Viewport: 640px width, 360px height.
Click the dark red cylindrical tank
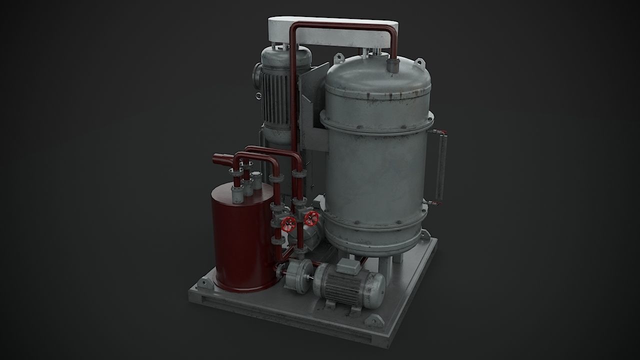240,240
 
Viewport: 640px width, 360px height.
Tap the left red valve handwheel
287,224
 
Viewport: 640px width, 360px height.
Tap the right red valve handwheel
311,218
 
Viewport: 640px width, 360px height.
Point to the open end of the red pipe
216,160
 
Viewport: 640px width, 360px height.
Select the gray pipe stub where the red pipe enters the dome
392,65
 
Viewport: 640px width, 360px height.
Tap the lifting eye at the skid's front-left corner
203,283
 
